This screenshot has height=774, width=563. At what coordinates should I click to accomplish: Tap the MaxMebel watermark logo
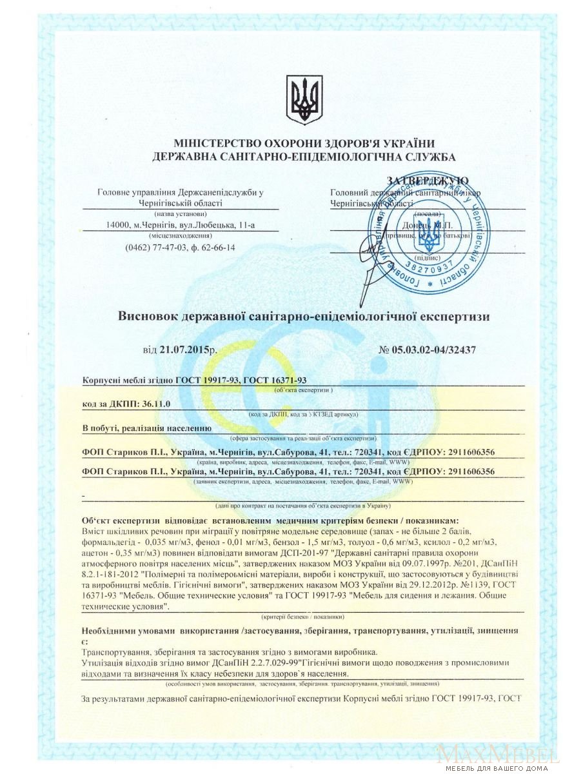pyautogui.click(x=496, y=755)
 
